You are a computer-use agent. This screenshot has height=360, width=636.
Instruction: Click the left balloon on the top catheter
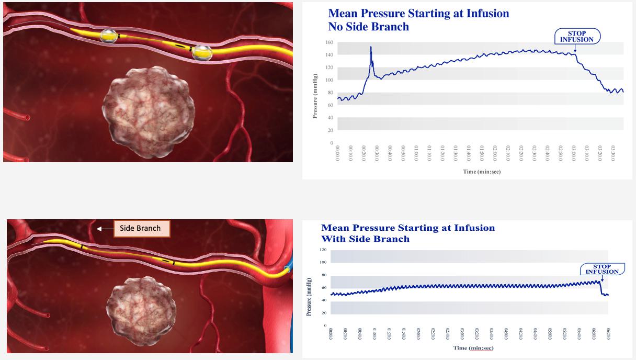tap(109, 36)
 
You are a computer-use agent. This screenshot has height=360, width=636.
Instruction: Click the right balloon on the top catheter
tap(201, 52)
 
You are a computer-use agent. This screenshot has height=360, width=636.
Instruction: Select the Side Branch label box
tap(140, 228)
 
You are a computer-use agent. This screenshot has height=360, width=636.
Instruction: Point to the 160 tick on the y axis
tap(330, 42)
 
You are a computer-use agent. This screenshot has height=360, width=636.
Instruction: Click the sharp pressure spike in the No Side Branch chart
tap(371, 48)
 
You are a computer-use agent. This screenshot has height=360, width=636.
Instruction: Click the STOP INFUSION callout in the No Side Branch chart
tap(577, 36)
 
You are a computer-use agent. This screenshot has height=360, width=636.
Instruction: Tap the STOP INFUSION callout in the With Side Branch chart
tap(601, 269)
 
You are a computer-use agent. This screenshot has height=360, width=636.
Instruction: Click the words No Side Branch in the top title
tap(369, 27)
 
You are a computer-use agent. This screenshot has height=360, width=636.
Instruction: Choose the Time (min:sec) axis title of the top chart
tap(481, 172)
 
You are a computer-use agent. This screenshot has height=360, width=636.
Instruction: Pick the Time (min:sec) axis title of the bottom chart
tap(473, 348)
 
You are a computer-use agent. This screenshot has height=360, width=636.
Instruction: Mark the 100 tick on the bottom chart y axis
tap(323, 262)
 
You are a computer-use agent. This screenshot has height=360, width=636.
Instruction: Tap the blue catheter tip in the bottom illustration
tap(287, 269)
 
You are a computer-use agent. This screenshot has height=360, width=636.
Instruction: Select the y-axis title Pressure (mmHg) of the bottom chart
tap(309, 297)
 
